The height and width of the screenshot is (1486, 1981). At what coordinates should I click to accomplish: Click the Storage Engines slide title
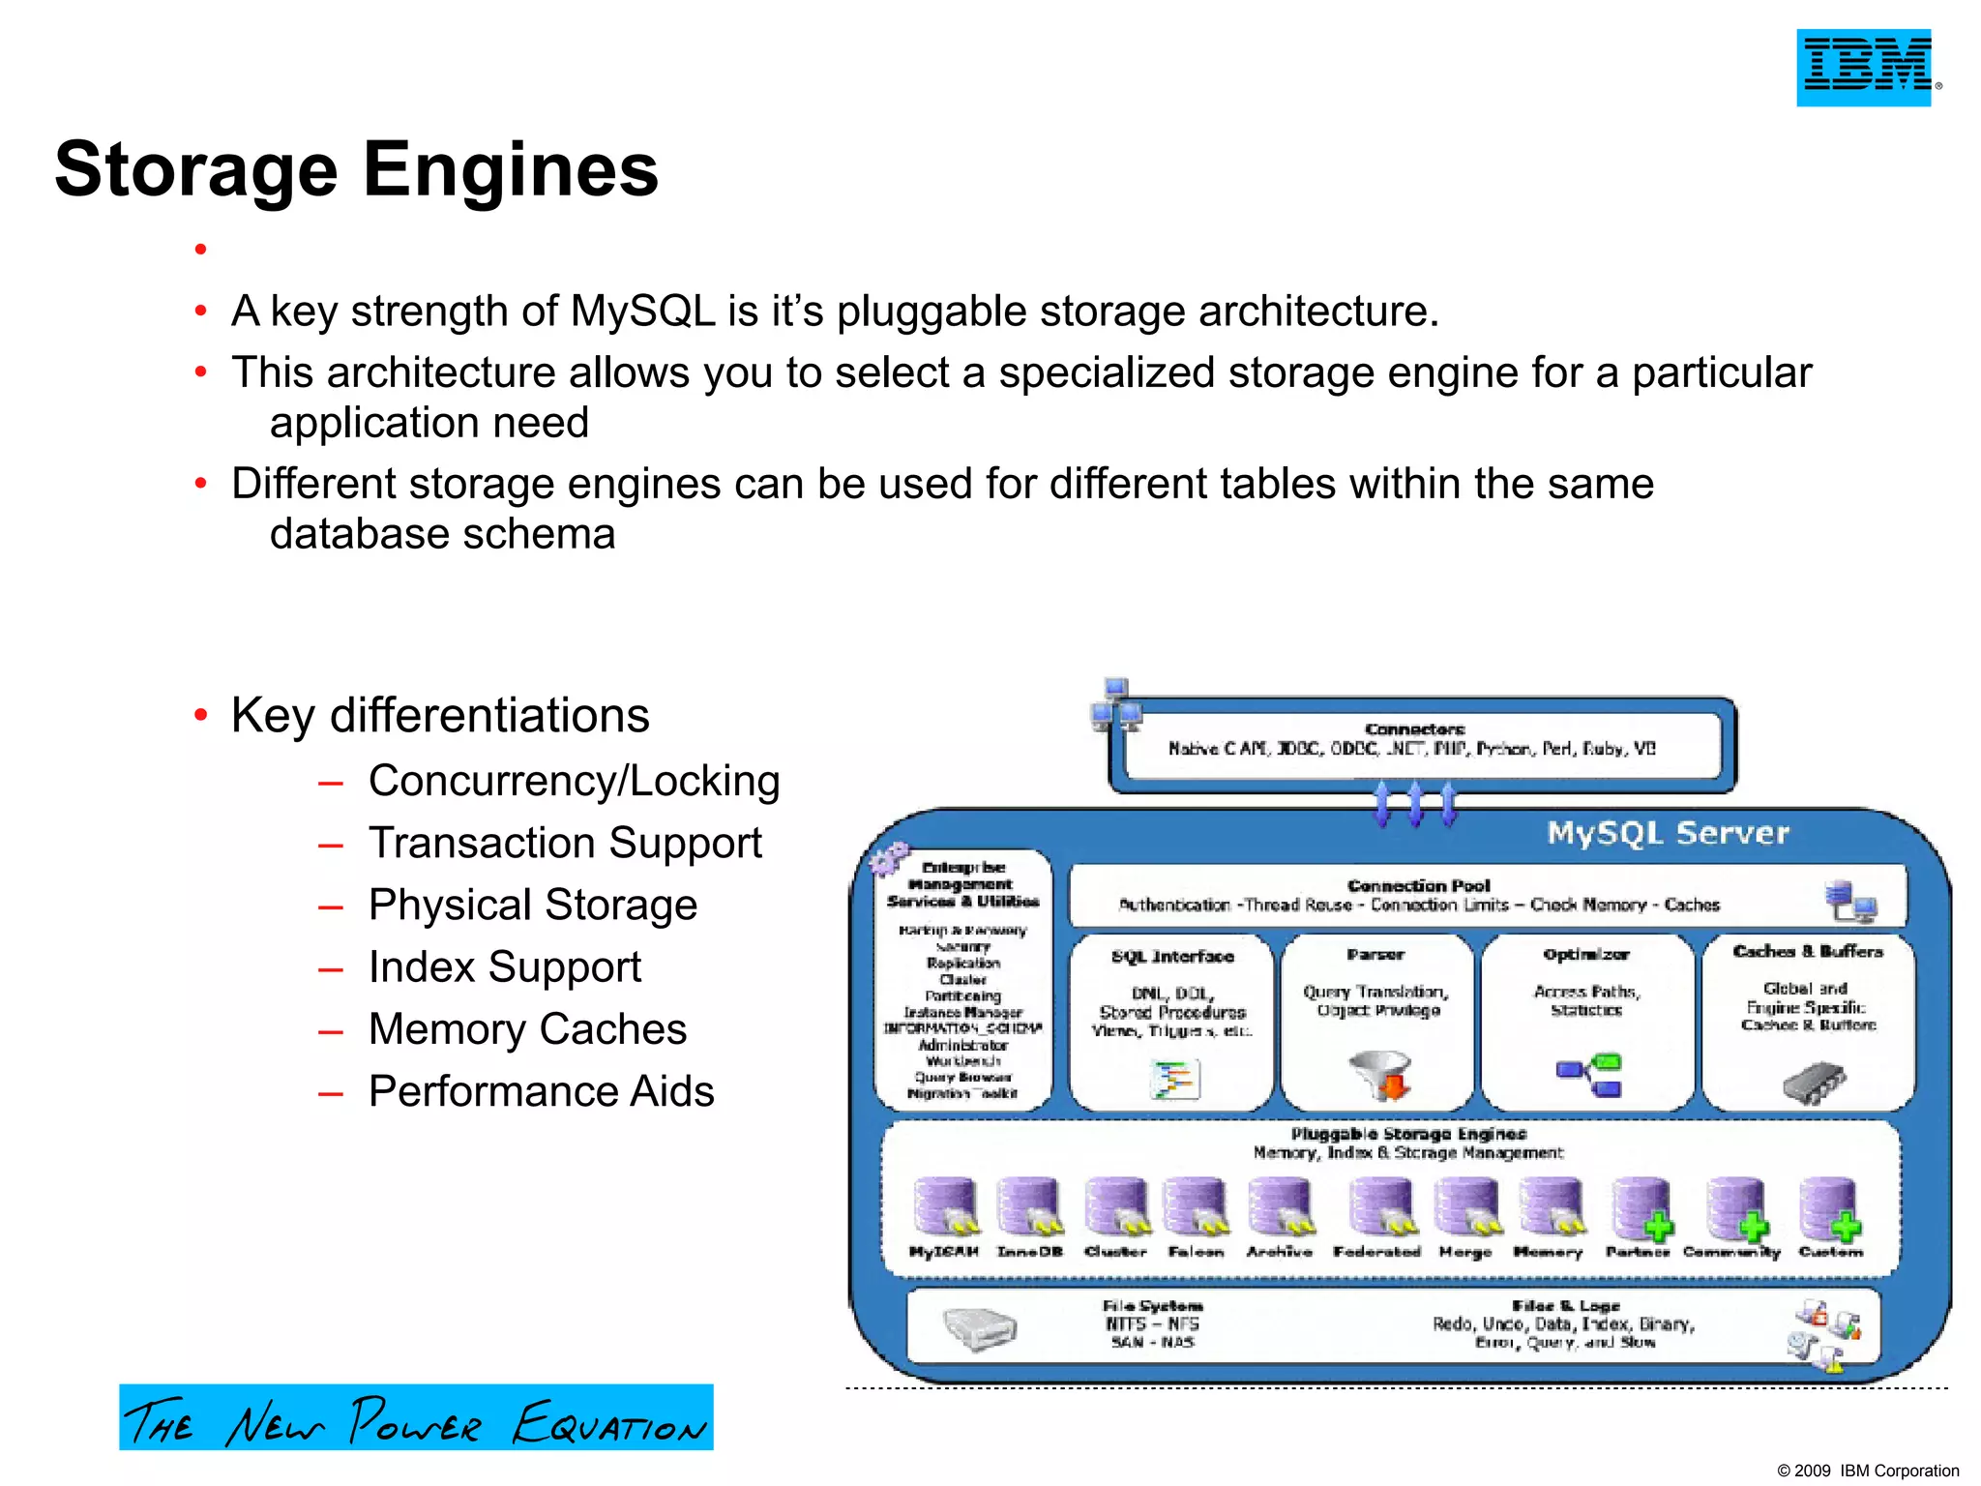click(x=356, y=169)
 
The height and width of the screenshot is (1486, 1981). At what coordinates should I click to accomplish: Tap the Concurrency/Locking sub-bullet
click(x=574, y=781)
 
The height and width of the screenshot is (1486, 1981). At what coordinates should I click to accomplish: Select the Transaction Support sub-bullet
click(x=565, y=843)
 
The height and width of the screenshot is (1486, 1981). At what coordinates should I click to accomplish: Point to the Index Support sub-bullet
click(x=504, y=966)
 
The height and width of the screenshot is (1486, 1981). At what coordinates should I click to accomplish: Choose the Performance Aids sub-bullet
click(x=541, y=1091)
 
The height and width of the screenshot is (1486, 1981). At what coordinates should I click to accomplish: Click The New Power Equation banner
click(x=416, y=1417)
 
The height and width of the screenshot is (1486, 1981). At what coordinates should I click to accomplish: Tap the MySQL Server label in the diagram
click(x=1668, y=833)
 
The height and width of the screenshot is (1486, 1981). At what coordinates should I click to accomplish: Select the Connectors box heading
click(x=1414, y=728)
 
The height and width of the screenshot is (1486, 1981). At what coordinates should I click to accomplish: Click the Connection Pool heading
click(x=1418, y=885)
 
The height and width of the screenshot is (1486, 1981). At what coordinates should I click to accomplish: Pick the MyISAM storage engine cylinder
click(x=945, y=1206)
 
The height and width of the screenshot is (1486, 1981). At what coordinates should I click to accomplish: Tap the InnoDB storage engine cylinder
click(x=1029, y=1206)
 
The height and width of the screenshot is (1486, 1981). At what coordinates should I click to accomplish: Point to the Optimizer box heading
click(x=1586, y=954)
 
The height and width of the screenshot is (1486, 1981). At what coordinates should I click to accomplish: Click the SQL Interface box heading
click(x=1172, y=956)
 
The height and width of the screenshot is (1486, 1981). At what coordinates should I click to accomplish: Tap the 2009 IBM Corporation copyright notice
click(x=1868, y=1471)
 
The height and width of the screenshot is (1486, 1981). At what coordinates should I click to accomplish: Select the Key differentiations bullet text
click(x=440, y=716)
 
